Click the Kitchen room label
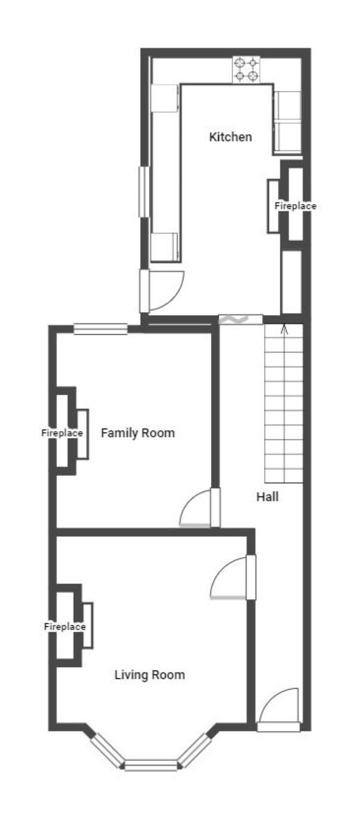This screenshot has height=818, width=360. point(231,137)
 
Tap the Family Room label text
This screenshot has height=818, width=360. point(138,433)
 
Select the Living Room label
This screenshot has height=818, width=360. point(149,675)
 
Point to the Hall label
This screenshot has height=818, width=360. point(267,497)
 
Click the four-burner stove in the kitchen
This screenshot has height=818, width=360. point(246,69)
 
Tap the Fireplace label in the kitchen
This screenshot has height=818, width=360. point(296,206)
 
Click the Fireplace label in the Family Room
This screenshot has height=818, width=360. point(62,433)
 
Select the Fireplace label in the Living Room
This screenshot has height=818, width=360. point(64,627)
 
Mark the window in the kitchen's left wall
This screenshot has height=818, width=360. point(145,192)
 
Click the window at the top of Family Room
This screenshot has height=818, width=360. point(100,329)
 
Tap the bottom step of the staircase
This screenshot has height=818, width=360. point(284,476)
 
